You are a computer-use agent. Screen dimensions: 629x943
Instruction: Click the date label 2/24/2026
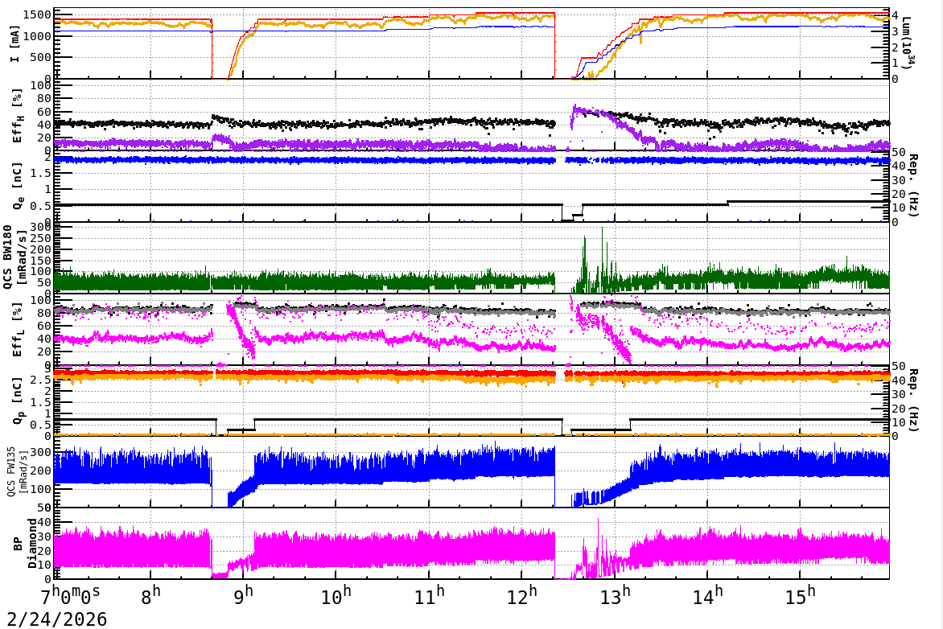click(x=54, y=619)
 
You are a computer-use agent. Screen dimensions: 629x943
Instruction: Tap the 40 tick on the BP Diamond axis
click(x=44, y=522)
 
